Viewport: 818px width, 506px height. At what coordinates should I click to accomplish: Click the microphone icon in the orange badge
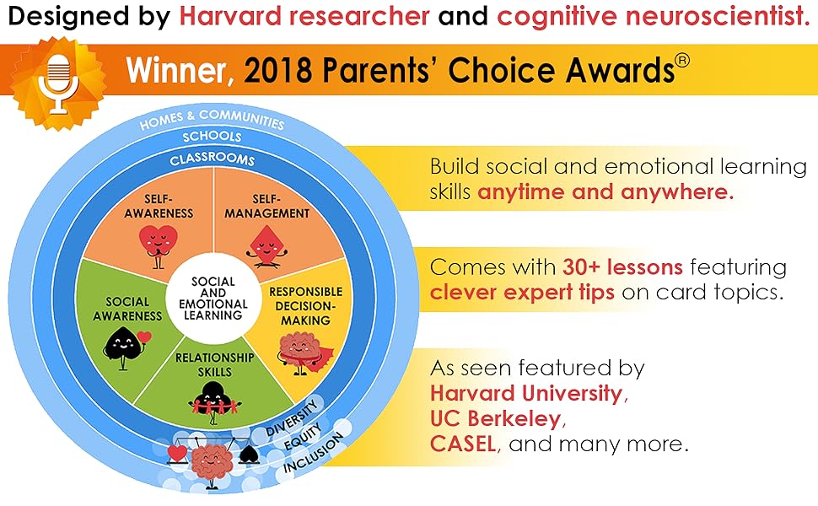pos(58,83)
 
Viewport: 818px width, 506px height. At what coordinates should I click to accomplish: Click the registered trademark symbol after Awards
pos(682,61)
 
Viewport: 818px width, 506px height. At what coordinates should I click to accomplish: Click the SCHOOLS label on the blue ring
pos(212,136)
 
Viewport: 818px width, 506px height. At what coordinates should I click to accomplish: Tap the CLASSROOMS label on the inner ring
pos(212,159)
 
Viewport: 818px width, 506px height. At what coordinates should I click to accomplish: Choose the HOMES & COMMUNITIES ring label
pos(212,120)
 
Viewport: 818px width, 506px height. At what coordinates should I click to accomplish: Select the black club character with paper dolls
pos(214,402)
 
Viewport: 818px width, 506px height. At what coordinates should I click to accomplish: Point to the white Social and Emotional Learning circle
pos(213,299)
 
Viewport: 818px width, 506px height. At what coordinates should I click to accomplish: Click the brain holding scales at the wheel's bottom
pos(213,460)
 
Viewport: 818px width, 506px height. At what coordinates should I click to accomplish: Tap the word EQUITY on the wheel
pos(303,437)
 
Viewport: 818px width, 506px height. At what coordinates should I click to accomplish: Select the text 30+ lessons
pos(622,267)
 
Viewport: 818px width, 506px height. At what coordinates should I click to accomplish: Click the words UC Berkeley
pos(495,418)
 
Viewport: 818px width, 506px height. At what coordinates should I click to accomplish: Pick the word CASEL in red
pos(463,444)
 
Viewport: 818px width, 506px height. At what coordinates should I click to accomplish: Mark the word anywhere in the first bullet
pos(676,192)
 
